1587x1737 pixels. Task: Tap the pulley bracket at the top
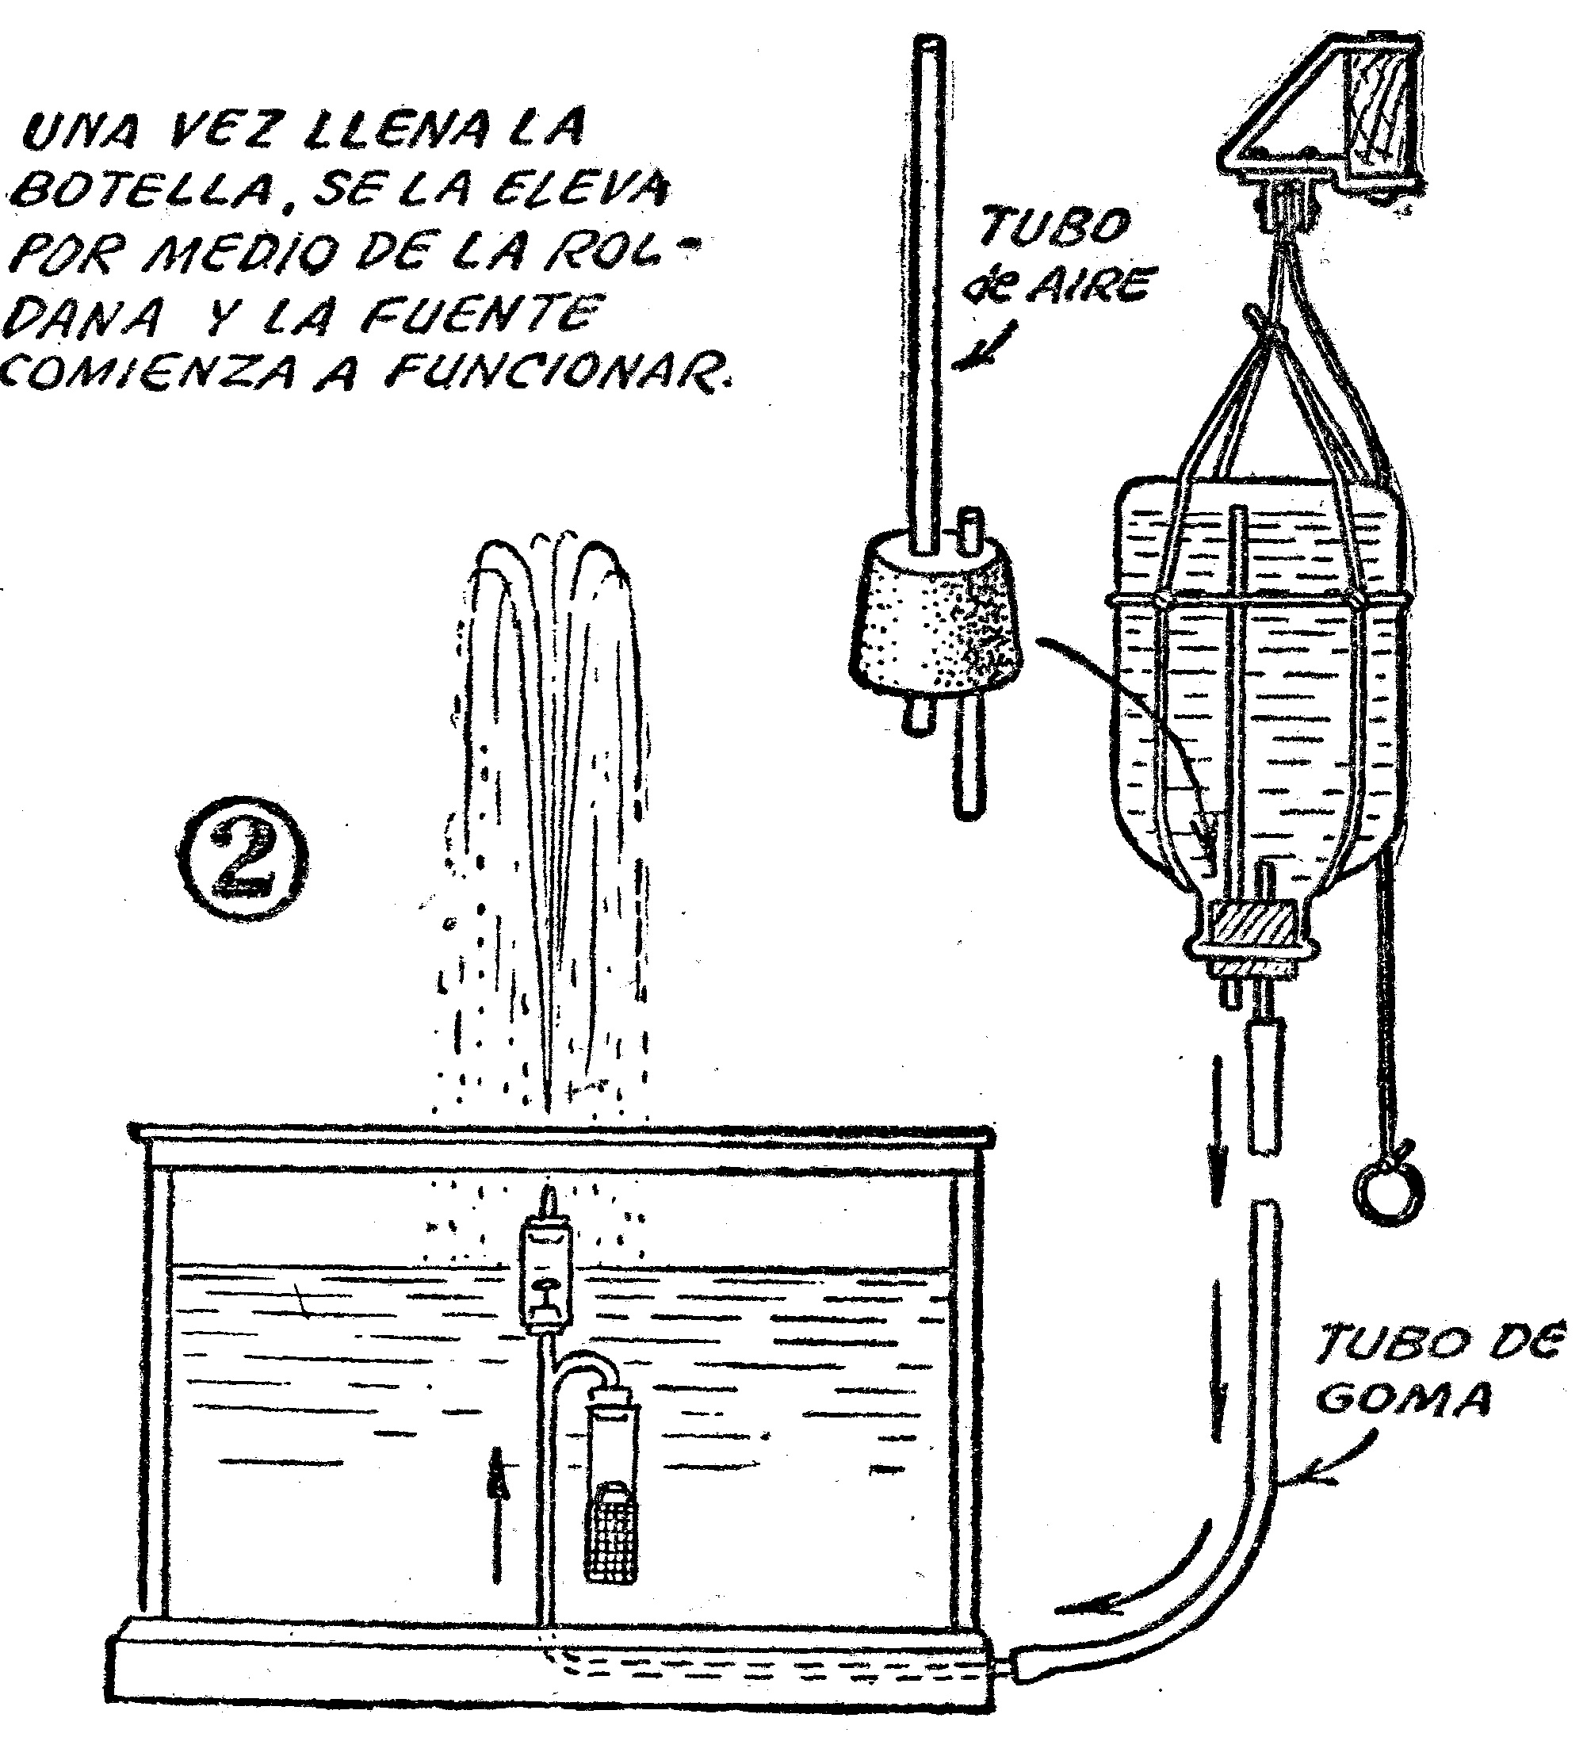pos(1322,129)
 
